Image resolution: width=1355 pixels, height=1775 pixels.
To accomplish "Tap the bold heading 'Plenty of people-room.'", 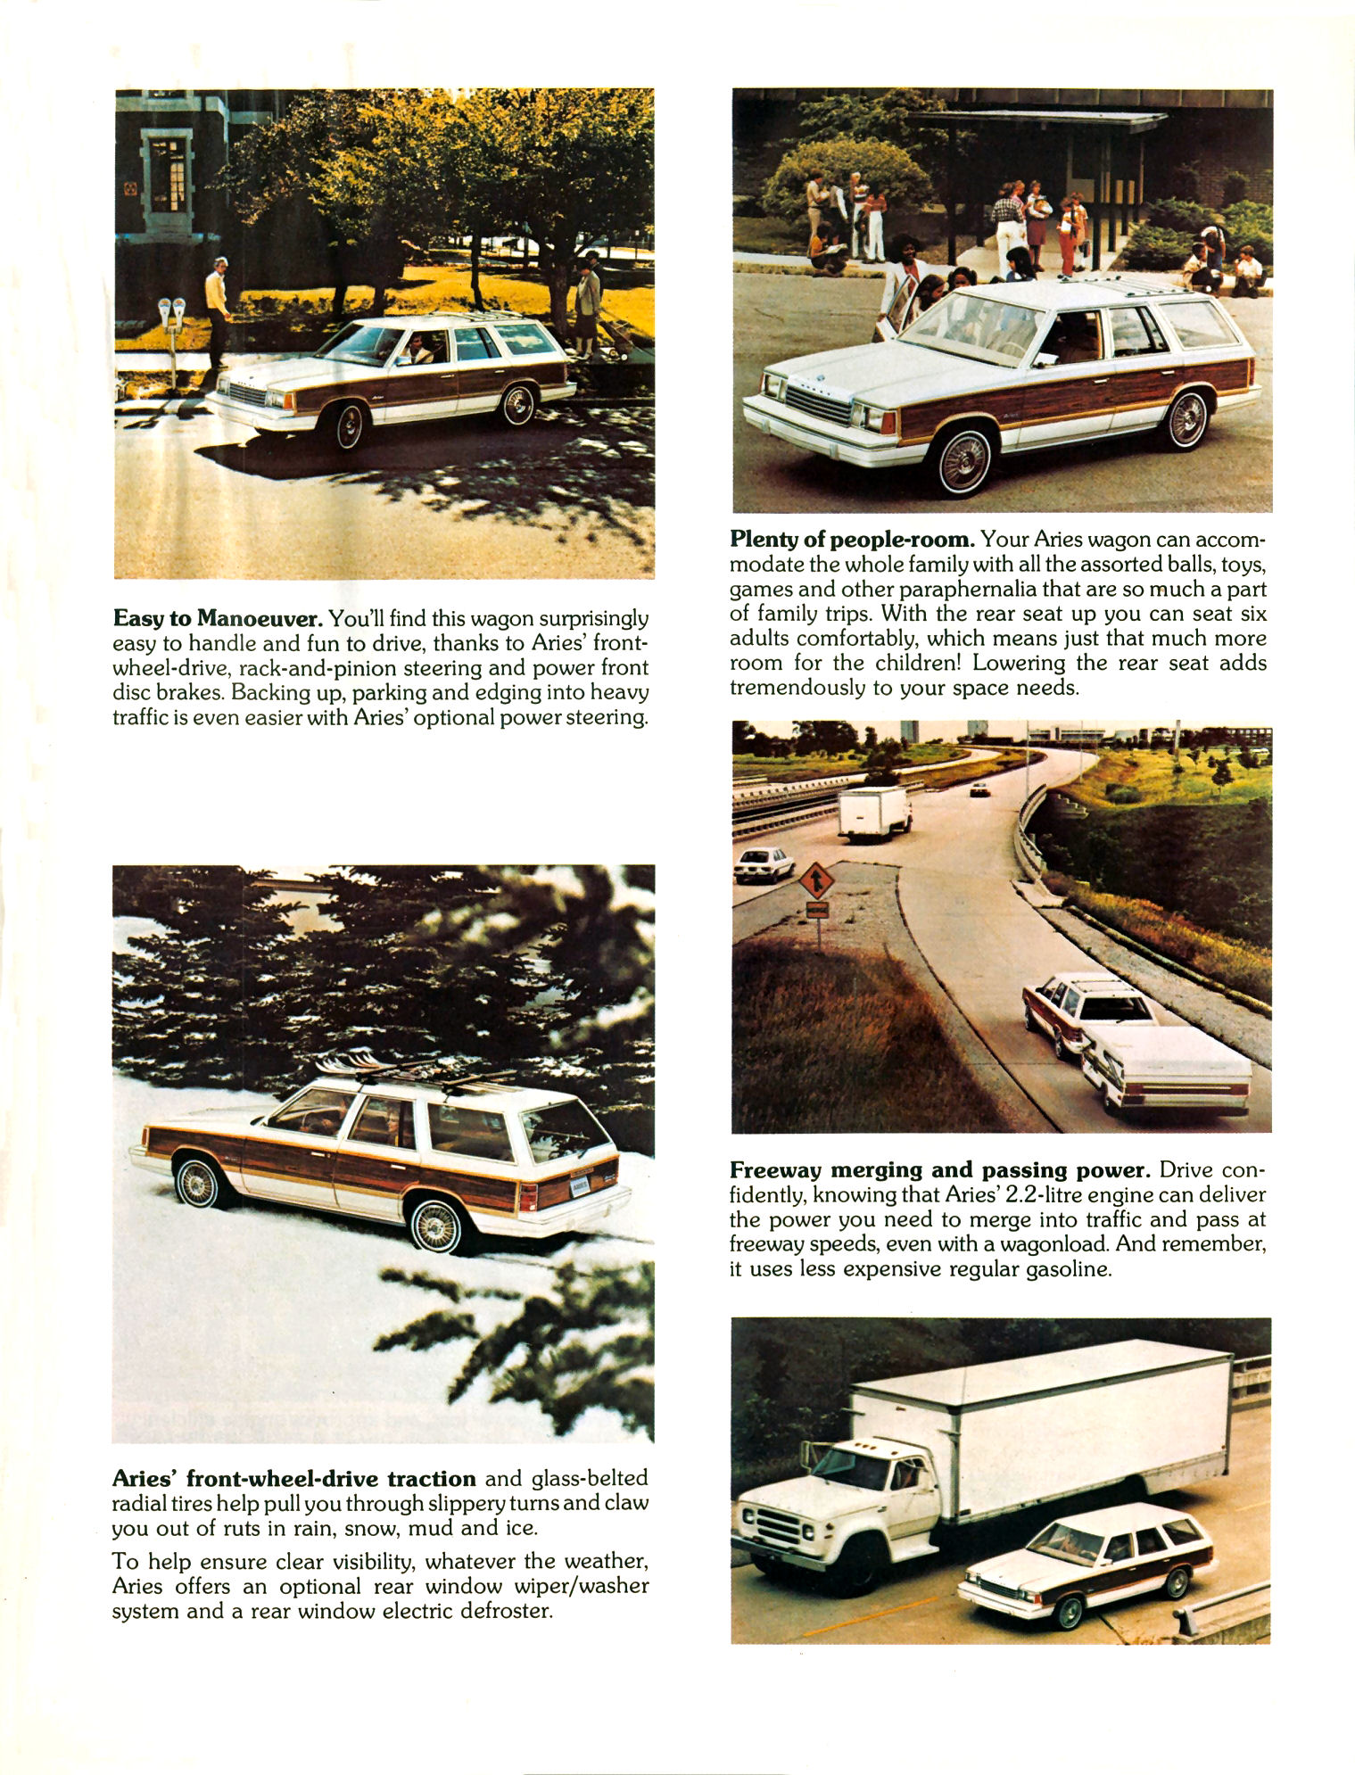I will point(851,539).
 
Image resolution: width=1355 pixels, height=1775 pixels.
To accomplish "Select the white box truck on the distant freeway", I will point(873,813).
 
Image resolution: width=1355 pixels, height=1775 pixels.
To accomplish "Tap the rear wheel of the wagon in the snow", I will point(435,1224).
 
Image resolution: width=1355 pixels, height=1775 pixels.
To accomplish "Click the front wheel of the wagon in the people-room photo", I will point(965,461).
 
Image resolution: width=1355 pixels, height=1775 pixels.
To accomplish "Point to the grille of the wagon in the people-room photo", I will point(817,406).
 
